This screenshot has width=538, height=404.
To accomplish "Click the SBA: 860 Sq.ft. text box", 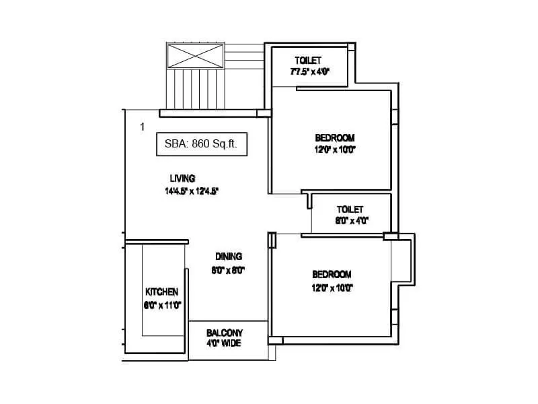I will (205, 143).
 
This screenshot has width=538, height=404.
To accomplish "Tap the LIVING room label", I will (182, 178).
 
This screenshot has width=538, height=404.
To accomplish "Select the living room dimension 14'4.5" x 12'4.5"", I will (192, 191).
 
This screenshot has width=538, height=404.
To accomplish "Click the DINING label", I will (229, 257).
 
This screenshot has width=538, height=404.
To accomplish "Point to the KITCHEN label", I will (161, 292).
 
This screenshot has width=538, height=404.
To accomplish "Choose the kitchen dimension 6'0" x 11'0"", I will (162, 304).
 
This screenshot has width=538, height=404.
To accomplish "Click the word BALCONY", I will (225, 333).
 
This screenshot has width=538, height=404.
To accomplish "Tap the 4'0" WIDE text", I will (224, 343).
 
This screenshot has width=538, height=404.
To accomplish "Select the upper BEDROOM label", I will (334, 138).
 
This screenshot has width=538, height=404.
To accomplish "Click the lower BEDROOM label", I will (332, 274).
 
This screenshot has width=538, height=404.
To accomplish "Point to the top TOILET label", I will (307, 61).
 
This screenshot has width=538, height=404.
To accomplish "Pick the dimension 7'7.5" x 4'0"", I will (309, 71).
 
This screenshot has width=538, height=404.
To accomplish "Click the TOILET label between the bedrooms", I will (350, 209).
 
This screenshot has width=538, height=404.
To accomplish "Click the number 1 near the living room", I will (143, 127).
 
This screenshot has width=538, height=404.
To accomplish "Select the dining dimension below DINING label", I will (229, 271).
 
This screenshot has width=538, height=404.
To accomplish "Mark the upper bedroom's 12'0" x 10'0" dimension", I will (334, 150).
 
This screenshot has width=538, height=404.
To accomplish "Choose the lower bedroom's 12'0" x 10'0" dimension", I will (332, 288).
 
